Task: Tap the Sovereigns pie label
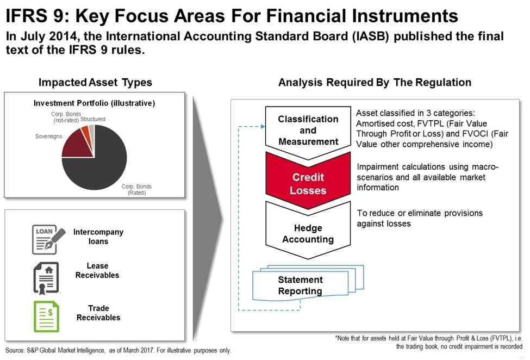[x=49, y=136]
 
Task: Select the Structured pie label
[x=92, y=119]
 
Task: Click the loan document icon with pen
[x=48, y=239]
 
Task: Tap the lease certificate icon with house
[x=46, y=278]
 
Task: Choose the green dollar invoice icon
[x=46, y=316]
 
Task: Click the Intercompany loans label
[x=98, y=237]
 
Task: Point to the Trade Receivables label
[x=98, y=313]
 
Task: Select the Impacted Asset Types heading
[x=95, y=82]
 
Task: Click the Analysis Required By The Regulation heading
[x=375, y=82]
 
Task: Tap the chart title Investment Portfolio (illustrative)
[x=94, y=103]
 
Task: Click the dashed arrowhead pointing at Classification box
[x=263, y=127]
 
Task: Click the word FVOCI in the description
[x=472, y=134]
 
